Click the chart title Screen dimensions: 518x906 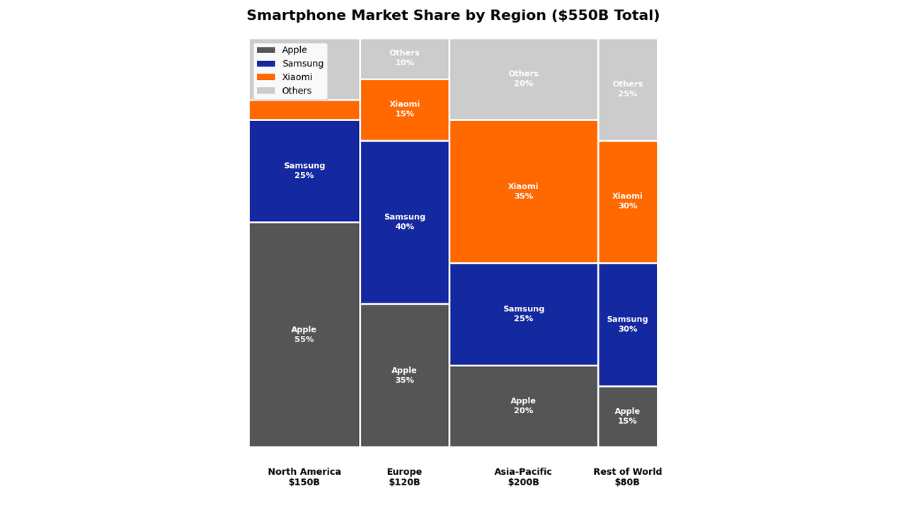[453, 16]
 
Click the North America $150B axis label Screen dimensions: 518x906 [304, 477]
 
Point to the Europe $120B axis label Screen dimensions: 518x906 [404, 477]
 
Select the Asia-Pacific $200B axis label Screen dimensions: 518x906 [523, 477]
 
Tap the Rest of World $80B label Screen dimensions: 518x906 [627, 477]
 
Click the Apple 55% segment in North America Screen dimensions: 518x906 [304, 334]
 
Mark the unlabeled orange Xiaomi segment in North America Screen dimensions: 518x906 [304, 110]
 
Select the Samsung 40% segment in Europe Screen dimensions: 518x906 [404, 222]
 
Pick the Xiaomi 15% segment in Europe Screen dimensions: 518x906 [404, 110]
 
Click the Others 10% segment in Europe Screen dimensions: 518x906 [404, 58]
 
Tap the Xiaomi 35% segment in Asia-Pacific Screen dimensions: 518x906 [523, 191]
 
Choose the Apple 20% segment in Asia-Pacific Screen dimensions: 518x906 [523, 406]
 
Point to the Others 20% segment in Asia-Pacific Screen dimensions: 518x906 [523, 79]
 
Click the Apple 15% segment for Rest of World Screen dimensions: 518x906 [627, 416]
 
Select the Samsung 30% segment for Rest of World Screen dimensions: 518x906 [627, 324]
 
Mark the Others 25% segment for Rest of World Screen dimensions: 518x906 [627, 89]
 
